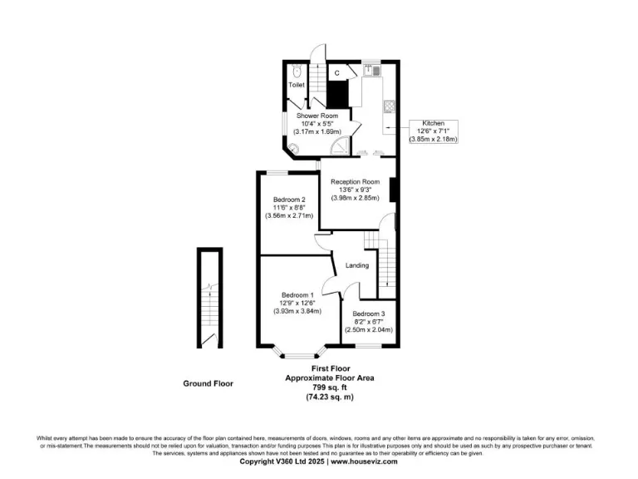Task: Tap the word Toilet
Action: (297, 86)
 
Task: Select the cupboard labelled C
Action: (337, 73)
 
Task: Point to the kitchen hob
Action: (387, 107)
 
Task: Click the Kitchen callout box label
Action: (433, 122)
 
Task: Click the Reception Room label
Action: (355, 181)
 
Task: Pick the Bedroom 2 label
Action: (289, 200)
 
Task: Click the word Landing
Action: (357, 265)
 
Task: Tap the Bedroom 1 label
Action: (297, 295)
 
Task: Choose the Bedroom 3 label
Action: (368, 314)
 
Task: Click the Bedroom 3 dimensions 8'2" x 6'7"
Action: (368, 322)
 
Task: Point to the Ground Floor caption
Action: (208, 383)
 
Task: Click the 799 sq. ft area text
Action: (330, 388)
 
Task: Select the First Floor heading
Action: (330, 368)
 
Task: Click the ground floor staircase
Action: (209, 299)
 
